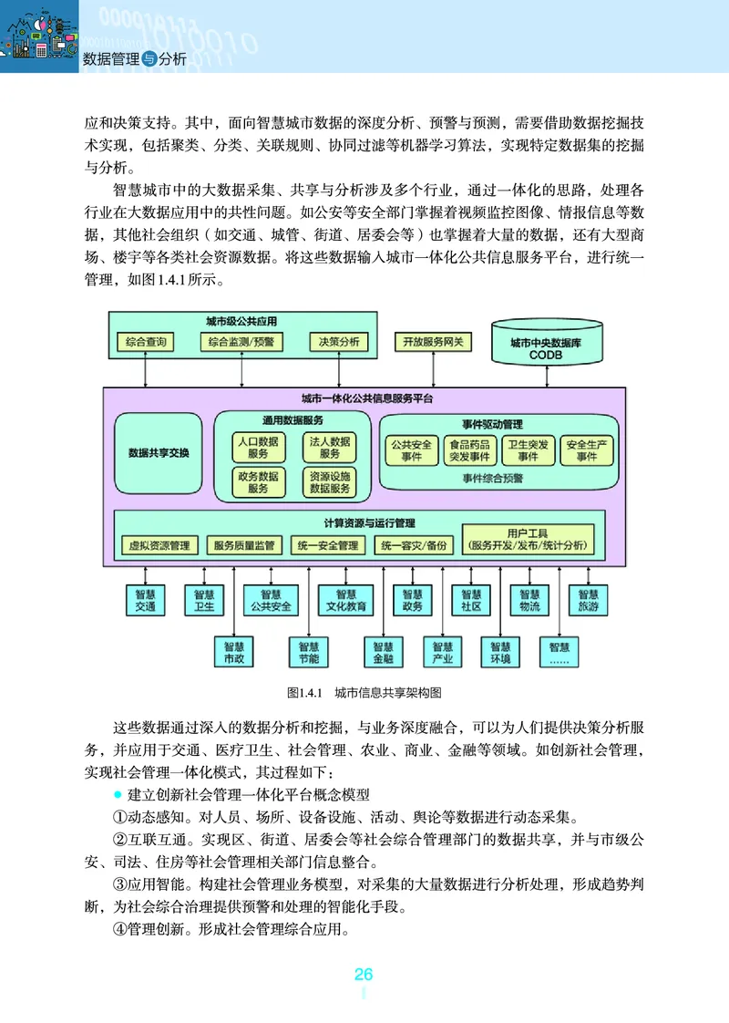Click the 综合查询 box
point(146,342)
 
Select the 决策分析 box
point(338,342)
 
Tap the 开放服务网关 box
point(434,342)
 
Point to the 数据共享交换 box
point(159,452)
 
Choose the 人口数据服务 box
point(258,447)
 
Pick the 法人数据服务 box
point(330,447)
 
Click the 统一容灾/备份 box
point(414,545)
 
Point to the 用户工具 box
point(528,539)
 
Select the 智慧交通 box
point(146,599)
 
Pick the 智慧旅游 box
point(588,599)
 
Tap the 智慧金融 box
point(383,651)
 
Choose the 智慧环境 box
point(500,651)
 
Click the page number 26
point(364,975)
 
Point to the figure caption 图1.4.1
point(306,693)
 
